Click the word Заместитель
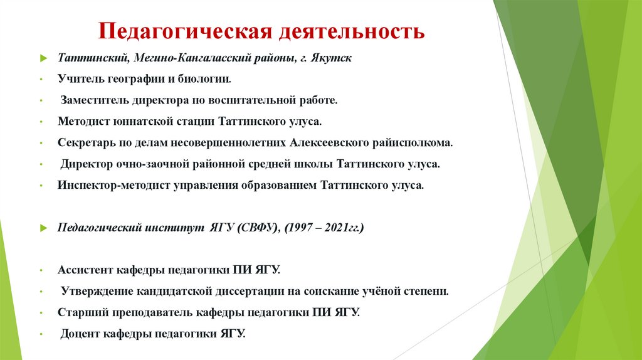(x=94, y=100)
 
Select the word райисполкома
(x=414, y=142)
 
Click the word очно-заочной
(x=142, y=164)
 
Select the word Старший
(x=81, y=312)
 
